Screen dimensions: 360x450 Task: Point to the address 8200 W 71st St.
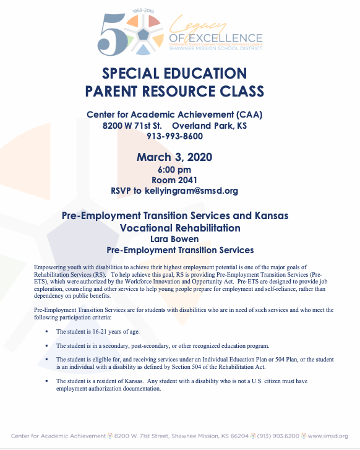point(129,125)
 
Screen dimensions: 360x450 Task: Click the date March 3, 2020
point(174,157)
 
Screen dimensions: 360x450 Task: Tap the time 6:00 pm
point(174,170)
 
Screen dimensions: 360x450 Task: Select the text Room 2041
point(174,180)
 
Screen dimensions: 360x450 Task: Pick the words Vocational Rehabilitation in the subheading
point(180,228)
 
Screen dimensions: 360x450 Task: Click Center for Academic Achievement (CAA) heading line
point(174,115)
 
